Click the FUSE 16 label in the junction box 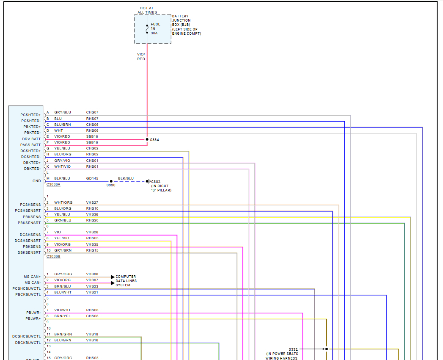(x=155, y=26)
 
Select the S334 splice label (x=154, y=139)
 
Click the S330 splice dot (x=111, y=181)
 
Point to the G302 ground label (x=156, y=181)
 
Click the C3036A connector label (x=53, y=184)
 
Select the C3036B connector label (x=53, y=256)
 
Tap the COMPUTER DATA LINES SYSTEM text (x=126, y=281)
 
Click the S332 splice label (x=293, y=349)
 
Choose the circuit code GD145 (x=92, y=178)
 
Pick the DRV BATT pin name (x=31, y=139)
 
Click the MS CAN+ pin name (x=32, y=277)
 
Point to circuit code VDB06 (x=92, y=274)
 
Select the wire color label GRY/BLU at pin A (x=63, y=112)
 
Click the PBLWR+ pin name (x=33, y=318)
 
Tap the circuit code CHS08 (x=92, y=316)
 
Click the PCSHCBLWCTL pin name (x=27, y=288)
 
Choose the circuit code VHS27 (x=92, y=202)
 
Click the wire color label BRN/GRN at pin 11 (x=63, y=334)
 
